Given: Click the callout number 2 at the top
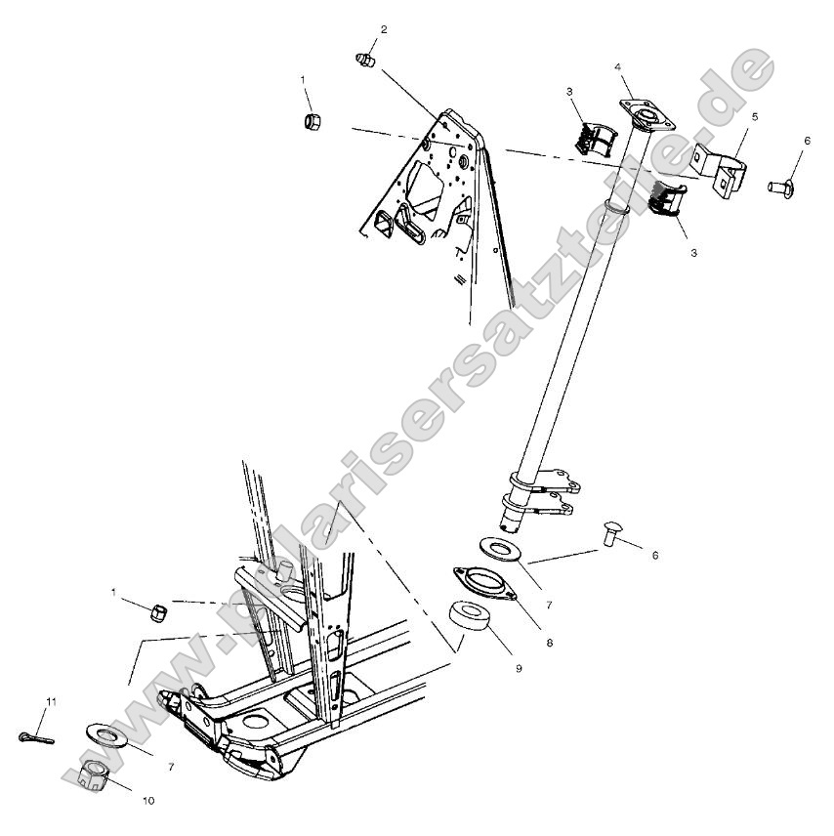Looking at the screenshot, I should pos(383,29).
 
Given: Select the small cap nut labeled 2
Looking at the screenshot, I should pos(364,61).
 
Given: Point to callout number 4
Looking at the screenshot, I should pos(618,66).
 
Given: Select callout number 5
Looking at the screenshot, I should pos(754,116).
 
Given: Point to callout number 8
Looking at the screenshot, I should pos(549,644).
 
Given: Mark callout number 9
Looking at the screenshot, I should pos(519,669).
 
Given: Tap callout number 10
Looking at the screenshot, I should pos(148,801).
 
